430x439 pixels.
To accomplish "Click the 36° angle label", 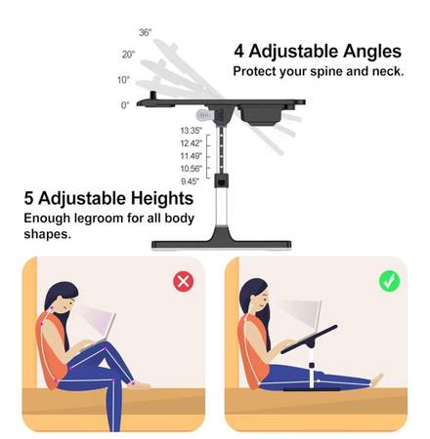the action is coord(146,32).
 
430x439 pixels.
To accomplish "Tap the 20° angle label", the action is coord(128,55).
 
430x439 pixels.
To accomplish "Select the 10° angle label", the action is coord(123,80).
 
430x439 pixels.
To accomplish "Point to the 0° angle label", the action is coord(125,105).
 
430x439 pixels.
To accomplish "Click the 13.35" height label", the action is coord(192,131).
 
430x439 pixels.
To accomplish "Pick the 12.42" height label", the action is coord(192,143).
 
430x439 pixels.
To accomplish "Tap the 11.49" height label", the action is coord(192,156).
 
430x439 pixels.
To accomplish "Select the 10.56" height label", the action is coord(192,169).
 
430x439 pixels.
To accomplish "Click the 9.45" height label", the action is coord(190,181).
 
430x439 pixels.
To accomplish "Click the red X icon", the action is coord(184,281).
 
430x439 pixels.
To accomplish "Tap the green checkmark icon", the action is coord(389,281).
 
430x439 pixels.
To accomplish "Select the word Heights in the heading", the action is coord(162,198).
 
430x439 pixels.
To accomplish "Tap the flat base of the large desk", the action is coord(222,244).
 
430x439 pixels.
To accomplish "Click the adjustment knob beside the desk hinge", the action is coord(204,115).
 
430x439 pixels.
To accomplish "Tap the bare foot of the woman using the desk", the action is coord(377,379).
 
